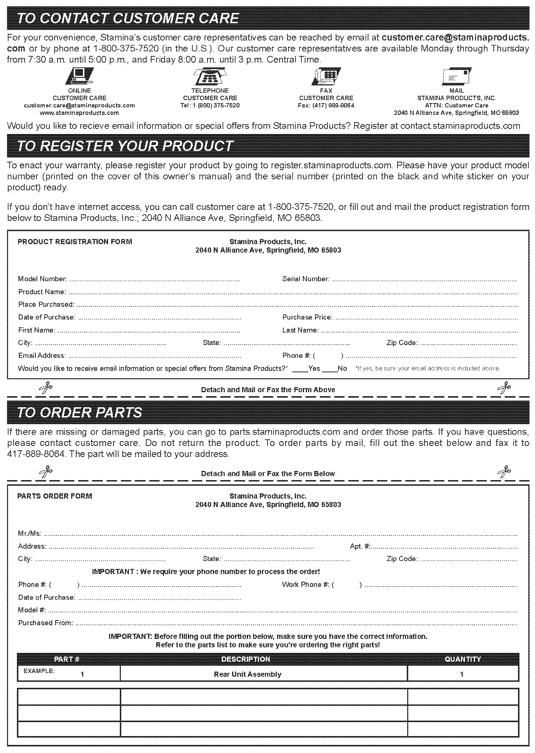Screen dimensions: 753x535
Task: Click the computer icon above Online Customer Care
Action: [x=80, y=77]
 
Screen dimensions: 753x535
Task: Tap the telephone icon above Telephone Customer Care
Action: [x=210, y=77]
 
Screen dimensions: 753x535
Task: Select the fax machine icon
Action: [x=326, y=77]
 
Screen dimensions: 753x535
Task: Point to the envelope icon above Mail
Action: [x=457, y=77]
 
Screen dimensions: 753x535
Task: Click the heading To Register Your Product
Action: [x=125, y=146]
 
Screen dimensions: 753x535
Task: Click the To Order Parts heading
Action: [x=80, y=412]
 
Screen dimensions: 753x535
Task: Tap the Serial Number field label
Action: [x=306, y=279]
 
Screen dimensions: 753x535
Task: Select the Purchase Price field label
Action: [x=307, y=317]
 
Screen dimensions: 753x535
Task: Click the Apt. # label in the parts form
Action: [x=360, y=546]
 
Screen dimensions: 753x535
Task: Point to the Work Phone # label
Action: [x=305, y=585]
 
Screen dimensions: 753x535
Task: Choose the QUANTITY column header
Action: [x=463, y=659]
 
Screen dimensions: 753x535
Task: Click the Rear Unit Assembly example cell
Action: [x=248, y=674]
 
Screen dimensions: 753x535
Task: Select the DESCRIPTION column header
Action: [x=246, y=659]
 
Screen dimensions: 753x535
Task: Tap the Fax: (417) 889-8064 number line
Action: [x=326, y=105]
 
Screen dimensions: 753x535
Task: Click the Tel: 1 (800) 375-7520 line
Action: [x=210, y=105]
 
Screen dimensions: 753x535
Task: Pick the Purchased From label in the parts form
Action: [x=45, y=623]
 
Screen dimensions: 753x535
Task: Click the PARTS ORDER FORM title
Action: [x=55, y=496]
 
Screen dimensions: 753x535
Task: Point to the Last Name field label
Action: [x=300, y=330]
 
